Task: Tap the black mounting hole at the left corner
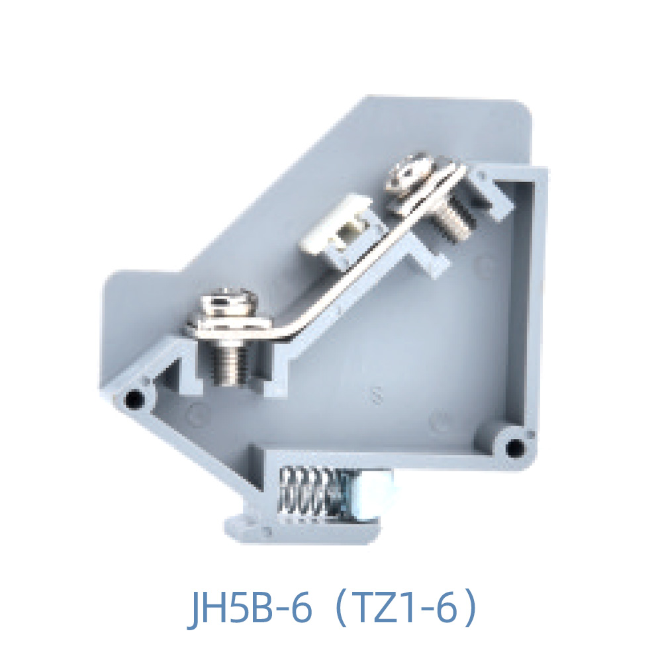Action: pos(134,399)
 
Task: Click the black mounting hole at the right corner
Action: pos(514,448)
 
